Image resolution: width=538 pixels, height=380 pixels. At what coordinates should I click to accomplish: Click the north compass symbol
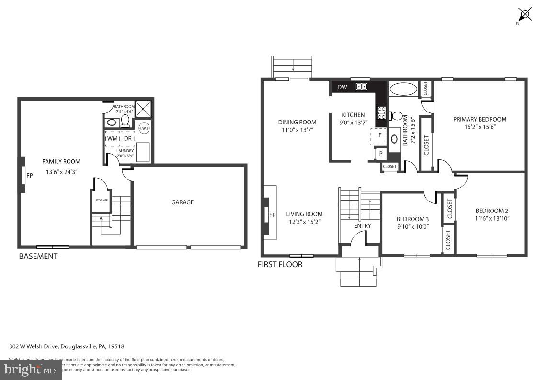(x=525, y=14)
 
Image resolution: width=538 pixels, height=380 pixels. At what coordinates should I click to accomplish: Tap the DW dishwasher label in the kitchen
(x=342, y=87)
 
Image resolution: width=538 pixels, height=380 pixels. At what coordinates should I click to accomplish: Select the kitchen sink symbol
(x=362, y=87)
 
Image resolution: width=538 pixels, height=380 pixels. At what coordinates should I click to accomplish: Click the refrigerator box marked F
(x=379, y=135)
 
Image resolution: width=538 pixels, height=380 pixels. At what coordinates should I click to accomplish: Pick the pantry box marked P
(x=381, y=154)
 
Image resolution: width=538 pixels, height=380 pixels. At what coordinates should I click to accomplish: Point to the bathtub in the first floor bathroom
(x=403, y=89)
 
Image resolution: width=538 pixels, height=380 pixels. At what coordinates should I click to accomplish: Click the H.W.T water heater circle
(x=144, y=128)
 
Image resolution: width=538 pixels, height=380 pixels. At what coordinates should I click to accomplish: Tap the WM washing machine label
(x=113, y=138)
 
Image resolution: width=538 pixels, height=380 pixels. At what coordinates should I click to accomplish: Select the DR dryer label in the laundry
(x=127, y=138)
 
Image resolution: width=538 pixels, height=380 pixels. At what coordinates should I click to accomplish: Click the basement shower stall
(x=142, y=108)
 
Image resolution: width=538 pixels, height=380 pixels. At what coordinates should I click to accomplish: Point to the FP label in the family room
(x=30, y=176)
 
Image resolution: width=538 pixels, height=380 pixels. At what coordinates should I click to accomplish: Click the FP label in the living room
(x=272, y=215)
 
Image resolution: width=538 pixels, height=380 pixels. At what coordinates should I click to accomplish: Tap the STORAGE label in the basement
(x=101, y=200)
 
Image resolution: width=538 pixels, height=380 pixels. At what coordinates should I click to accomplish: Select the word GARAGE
(x=183, y=202)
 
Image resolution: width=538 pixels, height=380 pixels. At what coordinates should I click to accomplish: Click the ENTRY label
(x=362, y=226)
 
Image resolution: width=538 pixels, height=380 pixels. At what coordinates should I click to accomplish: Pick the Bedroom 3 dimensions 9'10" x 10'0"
(x=412, y=227)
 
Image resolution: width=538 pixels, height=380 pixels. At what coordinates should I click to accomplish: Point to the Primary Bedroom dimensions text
(x=480, y=128)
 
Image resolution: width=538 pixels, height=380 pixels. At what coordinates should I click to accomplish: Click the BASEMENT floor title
(x=38, y=256)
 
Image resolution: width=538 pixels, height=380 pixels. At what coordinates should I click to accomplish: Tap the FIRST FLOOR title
(x=280, y=264)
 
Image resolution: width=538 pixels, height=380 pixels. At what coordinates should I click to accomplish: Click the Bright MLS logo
(x=31, y=369)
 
